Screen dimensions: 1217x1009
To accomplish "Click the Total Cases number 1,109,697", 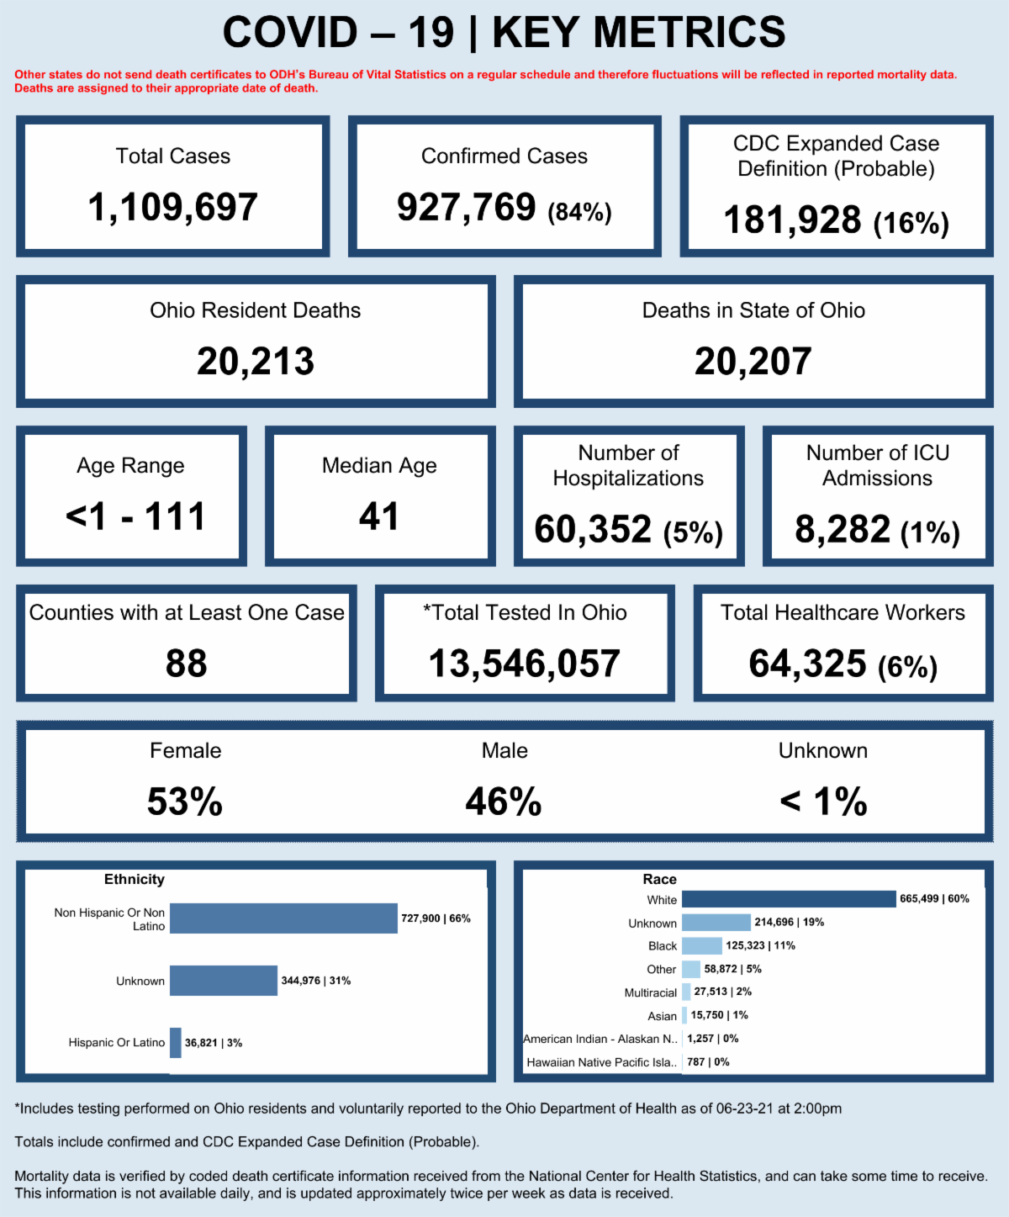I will pos(172,208).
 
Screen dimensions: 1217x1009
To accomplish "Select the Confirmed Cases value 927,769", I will pos(467,208).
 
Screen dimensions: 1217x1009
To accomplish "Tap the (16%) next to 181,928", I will pos(911,223).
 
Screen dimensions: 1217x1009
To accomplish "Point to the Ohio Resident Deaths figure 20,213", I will pos(256,362).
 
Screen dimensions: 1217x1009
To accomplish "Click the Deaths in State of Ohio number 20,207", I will pos(753,362).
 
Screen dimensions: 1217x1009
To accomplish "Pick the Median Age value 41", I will pos(379,516).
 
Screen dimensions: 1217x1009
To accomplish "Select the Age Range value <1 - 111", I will pos(135,516).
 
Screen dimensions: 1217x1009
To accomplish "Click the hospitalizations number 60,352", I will pos(593,530).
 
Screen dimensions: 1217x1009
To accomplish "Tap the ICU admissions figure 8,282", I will pos(843,530).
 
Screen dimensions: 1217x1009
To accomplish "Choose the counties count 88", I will pos(187,664).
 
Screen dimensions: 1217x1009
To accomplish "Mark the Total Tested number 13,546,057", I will pos(525,664).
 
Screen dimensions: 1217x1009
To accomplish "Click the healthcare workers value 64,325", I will pos(807,664).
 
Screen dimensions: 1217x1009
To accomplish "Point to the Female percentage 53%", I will pos(185,802).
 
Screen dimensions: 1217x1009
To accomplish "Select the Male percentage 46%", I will pos(504,802).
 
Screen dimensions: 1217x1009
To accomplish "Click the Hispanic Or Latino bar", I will pos(176,1043).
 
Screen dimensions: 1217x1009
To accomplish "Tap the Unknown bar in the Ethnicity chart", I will pos(224,981).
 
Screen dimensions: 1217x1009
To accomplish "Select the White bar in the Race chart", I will pos(789,899).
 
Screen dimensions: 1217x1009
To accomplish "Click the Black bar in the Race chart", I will pos(702,946).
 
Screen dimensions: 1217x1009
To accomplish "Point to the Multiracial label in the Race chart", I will pos(650,993).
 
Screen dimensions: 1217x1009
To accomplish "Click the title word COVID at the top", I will pos(290,34).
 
